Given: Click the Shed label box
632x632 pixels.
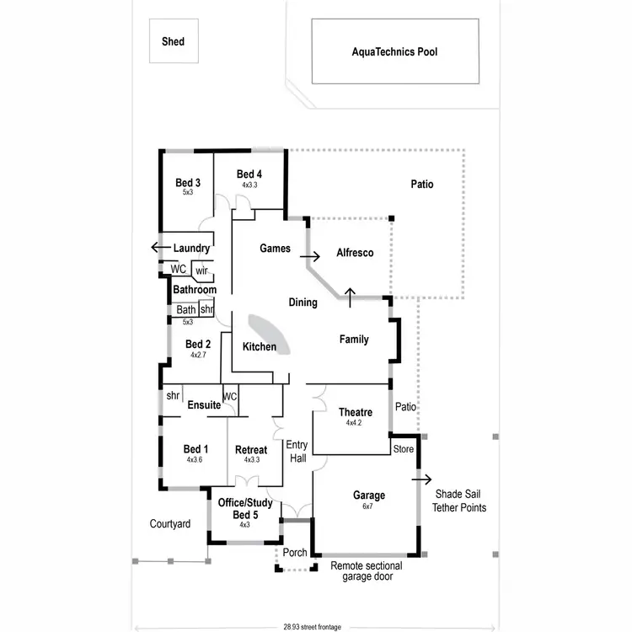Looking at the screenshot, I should coord(173,41).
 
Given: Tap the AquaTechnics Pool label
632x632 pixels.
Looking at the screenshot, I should coord(394,51).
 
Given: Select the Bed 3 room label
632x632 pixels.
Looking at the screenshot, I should coord(188,183).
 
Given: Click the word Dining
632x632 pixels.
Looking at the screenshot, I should coord(303,303).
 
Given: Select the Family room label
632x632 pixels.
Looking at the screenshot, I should coord(354,340).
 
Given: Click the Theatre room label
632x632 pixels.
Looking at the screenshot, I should coord(356,412).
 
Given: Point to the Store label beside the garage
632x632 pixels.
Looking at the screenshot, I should coord(404,449).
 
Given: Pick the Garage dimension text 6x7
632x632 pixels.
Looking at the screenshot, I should coord(369,506).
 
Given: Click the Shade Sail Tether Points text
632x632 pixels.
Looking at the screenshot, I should coord(458,501).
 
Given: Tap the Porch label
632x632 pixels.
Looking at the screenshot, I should coord(294,554).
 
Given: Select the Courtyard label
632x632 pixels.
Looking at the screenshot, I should coord(170,524).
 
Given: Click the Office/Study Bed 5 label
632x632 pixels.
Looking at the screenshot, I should coord(244,508).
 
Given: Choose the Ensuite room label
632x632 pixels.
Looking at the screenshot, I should coord(204,405).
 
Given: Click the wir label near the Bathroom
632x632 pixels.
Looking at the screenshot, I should coord(201,270).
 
